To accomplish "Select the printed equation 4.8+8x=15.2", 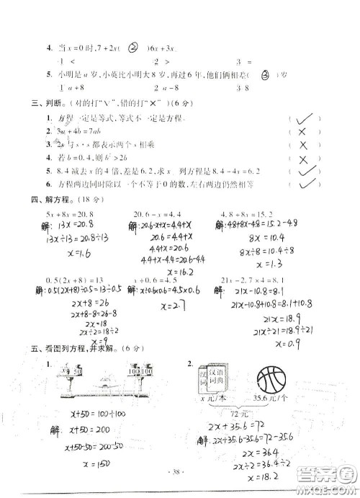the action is [x=243, y=214].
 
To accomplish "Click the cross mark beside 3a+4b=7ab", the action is [x=302, y=132].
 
